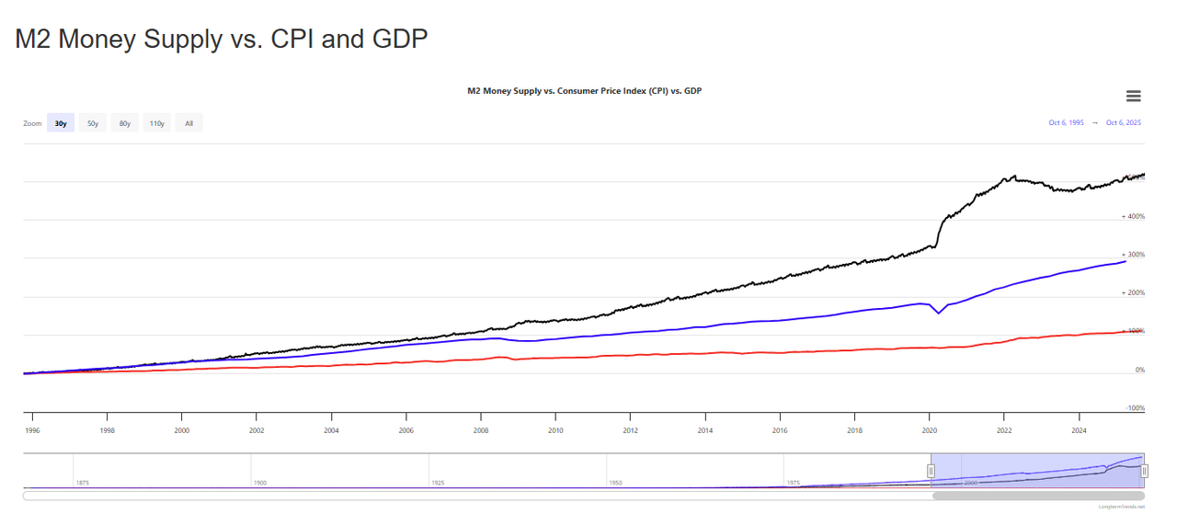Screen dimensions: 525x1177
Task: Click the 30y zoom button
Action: point(61,123)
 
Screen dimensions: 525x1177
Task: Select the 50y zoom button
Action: point(93,123)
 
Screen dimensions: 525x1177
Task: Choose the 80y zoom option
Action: point(125,123)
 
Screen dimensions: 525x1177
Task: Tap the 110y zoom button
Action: point(157,123)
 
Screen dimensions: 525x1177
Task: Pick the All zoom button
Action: point(189,123)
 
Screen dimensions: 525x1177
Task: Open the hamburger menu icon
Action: point(1133,97)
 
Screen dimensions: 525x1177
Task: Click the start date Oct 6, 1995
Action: point(1066,122)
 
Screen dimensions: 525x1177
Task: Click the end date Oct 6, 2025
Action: point(1124,122)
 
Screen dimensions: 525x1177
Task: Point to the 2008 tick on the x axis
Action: point(481,429)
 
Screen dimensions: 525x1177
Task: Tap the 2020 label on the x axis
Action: point(930,429)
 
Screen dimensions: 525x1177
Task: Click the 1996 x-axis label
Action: point(32,429)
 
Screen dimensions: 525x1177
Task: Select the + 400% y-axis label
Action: point(1133,217)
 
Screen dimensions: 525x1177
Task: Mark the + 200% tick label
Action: point(1133,293)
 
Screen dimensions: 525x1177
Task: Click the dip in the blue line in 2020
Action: point(939,313)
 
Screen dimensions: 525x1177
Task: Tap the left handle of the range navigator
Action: point(931,471)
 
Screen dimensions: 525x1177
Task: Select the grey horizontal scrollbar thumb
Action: point(1039,496)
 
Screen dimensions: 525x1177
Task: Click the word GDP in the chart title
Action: point(693,91)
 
